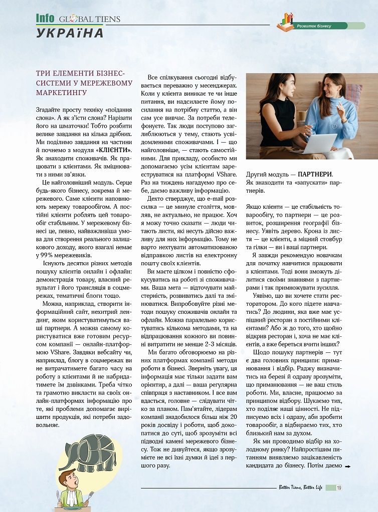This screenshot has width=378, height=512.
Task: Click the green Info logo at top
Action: coord(46,18)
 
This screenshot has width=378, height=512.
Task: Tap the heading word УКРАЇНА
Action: coord(70,33)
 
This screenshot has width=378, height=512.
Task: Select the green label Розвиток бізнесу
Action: coord(314,26)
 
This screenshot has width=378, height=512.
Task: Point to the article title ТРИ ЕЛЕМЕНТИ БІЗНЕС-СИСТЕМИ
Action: coord(84,83)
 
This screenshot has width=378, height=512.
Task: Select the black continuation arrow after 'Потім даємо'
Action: coord(347,466)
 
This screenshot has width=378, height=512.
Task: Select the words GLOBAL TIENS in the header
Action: coord(90,20)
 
